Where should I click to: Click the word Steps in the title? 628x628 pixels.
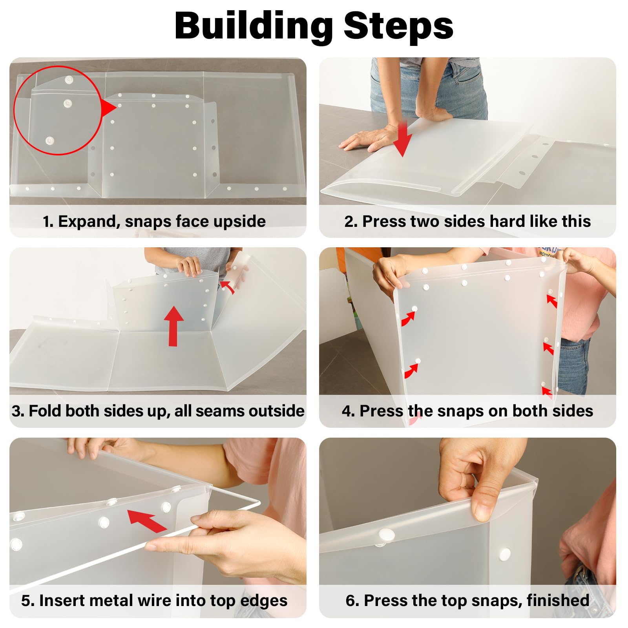(x=398, y=26)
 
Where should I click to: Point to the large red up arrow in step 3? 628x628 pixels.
(x=173, y=326)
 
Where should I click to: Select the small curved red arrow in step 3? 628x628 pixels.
(x=228, y=287)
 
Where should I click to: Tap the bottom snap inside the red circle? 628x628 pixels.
(x=49, y=141)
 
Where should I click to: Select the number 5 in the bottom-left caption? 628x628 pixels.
(x=26, y=601)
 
